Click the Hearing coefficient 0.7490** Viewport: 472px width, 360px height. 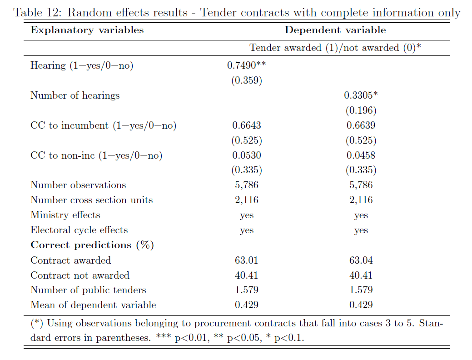246,65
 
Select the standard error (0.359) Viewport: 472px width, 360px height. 247,80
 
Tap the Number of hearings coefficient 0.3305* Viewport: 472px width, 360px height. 361,95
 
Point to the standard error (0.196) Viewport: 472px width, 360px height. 361,110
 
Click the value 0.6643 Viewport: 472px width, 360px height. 247,125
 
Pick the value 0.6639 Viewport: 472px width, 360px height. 361,125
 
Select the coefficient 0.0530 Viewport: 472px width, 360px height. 247,155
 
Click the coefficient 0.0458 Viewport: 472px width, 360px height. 361,155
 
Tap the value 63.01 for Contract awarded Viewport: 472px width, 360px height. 247,260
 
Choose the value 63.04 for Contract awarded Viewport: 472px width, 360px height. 361,260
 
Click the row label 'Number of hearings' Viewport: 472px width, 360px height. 75,95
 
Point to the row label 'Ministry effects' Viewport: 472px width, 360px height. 65,215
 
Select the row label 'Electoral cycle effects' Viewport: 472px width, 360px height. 79,230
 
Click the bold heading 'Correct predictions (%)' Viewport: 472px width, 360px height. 92,245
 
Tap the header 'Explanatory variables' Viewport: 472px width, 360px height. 87,30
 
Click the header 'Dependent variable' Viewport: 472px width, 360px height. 335,30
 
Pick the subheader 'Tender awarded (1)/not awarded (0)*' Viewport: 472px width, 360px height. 335,48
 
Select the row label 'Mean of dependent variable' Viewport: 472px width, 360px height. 93,305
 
